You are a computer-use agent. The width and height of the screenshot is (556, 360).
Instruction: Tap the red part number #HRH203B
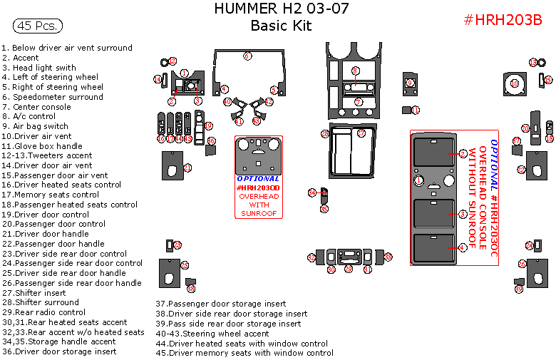(x=503, y=20)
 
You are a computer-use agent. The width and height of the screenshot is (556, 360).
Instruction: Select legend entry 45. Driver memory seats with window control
(x=244, y=353)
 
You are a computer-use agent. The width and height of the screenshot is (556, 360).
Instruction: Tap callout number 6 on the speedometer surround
(x=247, y=56)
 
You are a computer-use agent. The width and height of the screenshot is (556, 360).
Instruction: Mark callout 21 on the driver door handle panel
(x=187, y=168)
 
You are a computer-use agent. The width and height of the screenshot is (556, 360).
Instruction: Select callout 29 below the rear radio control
(x=349, y=269)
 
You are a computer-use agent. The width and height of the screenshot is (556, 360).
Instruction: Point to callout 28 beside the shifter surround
(x=324, y=133)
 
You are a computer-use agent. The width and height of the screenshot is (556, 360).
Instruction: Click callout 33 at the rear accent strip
(x=388, y=257)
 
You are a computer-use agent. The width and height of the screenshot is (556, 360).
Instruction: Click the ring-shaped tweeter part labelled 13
(x=533, y=63)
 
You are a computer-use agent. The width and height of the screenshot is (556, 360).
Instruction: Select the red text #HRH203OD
(x=258, y=187)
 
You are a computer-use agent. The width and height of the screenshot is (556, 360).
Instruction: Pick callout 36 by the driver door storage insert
(x=191, y=289)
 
